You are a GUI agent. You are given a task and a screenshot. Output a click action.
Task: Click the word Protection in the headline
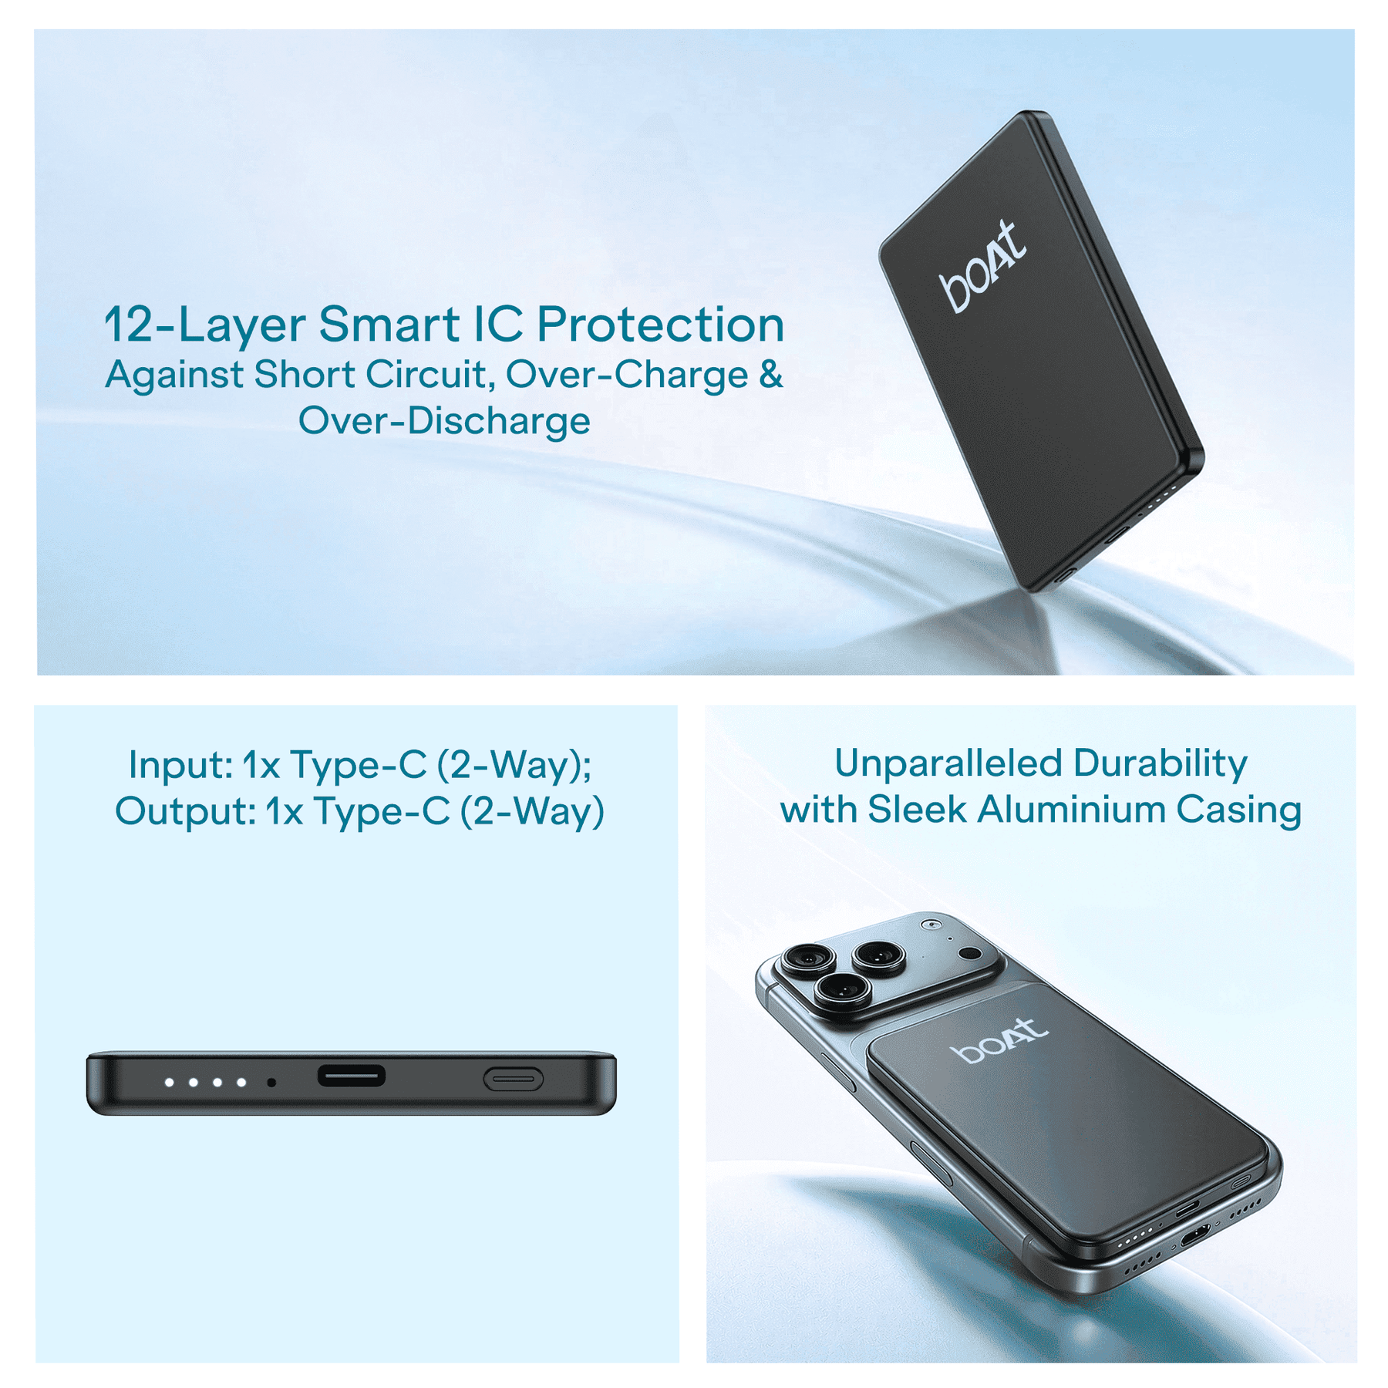pos(660,324)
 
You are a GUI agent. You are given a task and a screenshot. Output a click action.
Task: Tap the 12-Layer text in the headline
pos(204,325)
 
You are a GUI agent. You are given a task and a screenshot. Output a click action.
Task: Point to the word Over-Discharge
pos(444,421)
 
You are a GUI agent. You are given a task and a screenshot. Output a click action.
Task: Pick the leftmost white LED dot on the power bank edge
pos(169,1083)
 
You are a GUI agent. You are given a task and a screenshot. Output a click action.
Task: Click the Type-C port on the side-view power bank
pos(352,1076)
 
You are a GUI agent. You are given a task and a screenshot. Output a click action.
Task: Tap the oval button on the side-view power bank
pos(514,1080)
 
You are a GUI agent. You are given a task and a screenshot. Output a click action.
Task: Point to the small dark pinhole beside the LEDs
pos(271,1083)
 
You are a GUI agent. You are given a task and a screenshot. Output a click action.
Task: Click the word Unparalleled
pos(948,763)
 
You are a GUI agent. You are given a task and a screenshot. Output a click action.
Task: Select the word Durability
pos(1161,763)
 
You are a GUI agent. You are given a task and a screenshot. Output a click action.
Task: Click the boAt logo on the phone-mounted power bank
pos(999,1040)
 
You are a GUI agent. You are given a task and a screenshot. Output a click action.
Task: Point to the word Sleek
pos(917,810)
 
